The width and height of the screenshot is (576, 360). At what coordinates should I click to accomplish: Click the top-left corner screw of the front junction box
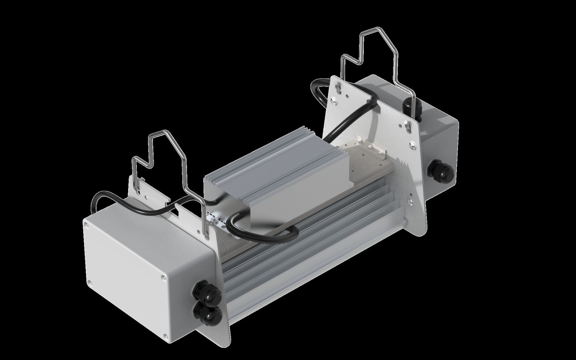point(87,225)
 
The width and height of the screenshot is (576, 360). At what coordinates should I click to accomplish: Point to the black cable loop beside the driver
point(262,229)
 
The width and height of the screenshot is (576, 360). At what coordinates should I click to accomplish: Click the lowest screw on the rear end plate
point(413,143)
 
